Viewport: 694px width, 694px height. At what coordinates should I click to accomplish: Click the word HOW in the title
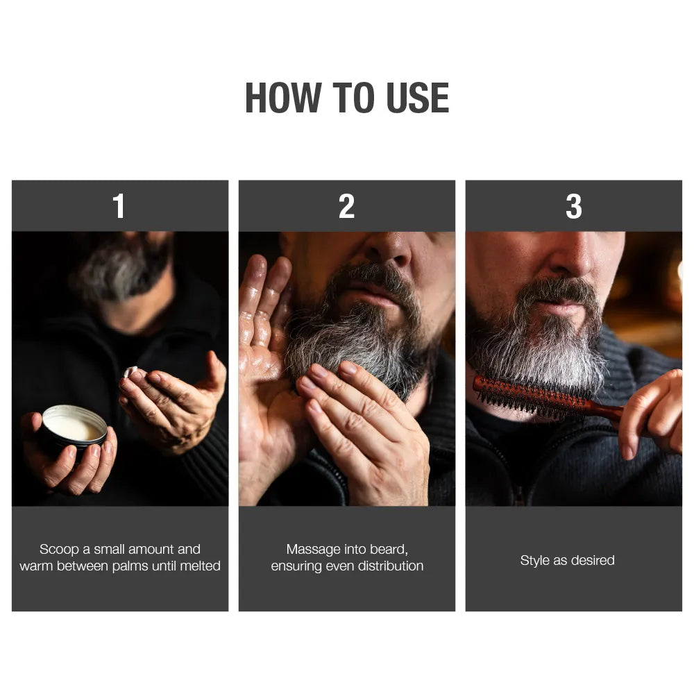283,98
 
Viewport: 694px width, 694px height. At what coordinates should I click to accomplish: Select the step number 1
119,206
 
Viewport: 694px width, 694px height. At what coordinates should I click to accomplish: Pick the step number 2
346,206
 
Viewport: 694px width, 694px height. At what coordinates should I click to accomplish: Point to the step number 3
573,206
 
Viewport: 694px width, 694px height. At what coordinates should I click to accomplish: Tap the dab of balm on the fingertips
130,372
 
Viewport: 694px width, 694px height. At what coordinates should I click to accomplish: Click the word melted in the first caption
200,566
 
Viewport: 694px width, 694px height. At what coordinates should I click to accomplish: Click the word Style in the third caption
534,561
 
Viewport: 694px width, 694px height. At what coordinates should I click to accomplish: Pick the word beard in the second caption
389,550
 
